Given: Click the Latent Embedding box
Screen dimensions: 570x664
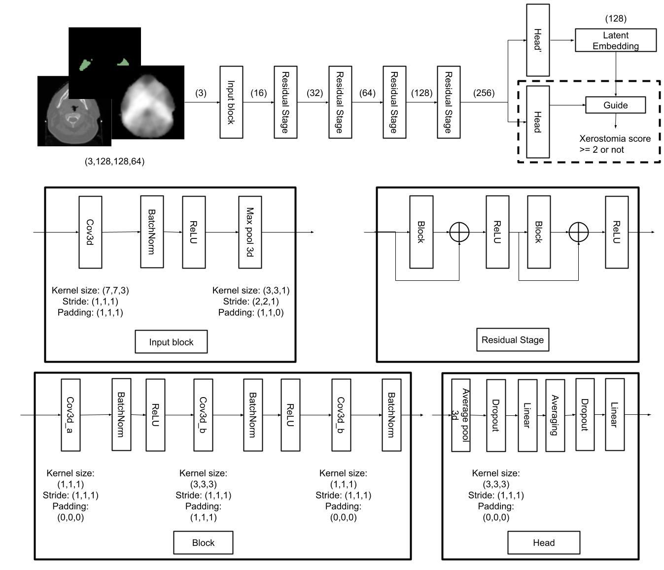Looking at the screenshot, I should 615,40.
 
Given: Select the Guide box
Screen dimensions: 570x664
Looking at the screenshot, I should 615,105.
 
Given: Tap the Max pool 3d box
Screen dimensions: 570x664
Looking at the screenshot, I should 250,232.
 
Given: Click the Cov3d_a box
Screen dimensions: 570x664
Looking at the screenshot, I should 70,415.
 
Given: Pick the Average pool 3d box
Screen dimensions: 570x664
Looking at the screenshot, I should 461,415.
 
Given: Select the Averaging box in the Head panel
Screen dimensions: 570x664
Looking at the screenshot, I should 555,415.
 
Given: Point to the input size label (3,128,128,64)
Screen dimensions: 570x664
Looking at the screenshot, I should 115,161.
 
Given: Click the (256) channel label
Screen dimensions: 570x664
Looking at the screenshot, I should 484,93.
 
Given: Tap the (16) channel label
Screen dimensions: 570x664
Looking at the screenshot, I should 258,93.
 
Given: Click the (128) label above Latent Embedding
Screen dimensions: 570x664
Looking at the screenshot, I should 616,19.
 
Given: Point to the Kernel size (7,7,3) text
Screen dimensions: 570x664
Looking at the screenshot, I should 90,290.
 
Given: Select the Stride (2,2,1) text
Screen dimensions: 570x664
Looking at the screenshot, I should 251,301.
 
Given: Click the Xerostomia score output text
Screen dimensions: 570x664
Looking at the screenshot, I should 614,144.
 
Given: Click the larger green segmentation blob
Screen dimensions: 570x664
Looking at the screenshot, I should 86,65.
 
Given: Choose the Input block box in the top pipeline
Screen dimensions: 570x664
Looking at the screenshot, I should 231,102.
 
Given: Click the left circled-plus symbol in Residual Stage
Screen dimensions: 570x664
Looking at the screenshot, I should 459,232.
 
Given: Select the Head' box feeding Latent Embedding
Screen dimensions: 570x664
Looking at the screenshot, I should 538,40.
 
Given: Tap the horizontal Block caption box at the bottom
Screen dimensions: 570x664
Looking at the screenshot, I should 203,542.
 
